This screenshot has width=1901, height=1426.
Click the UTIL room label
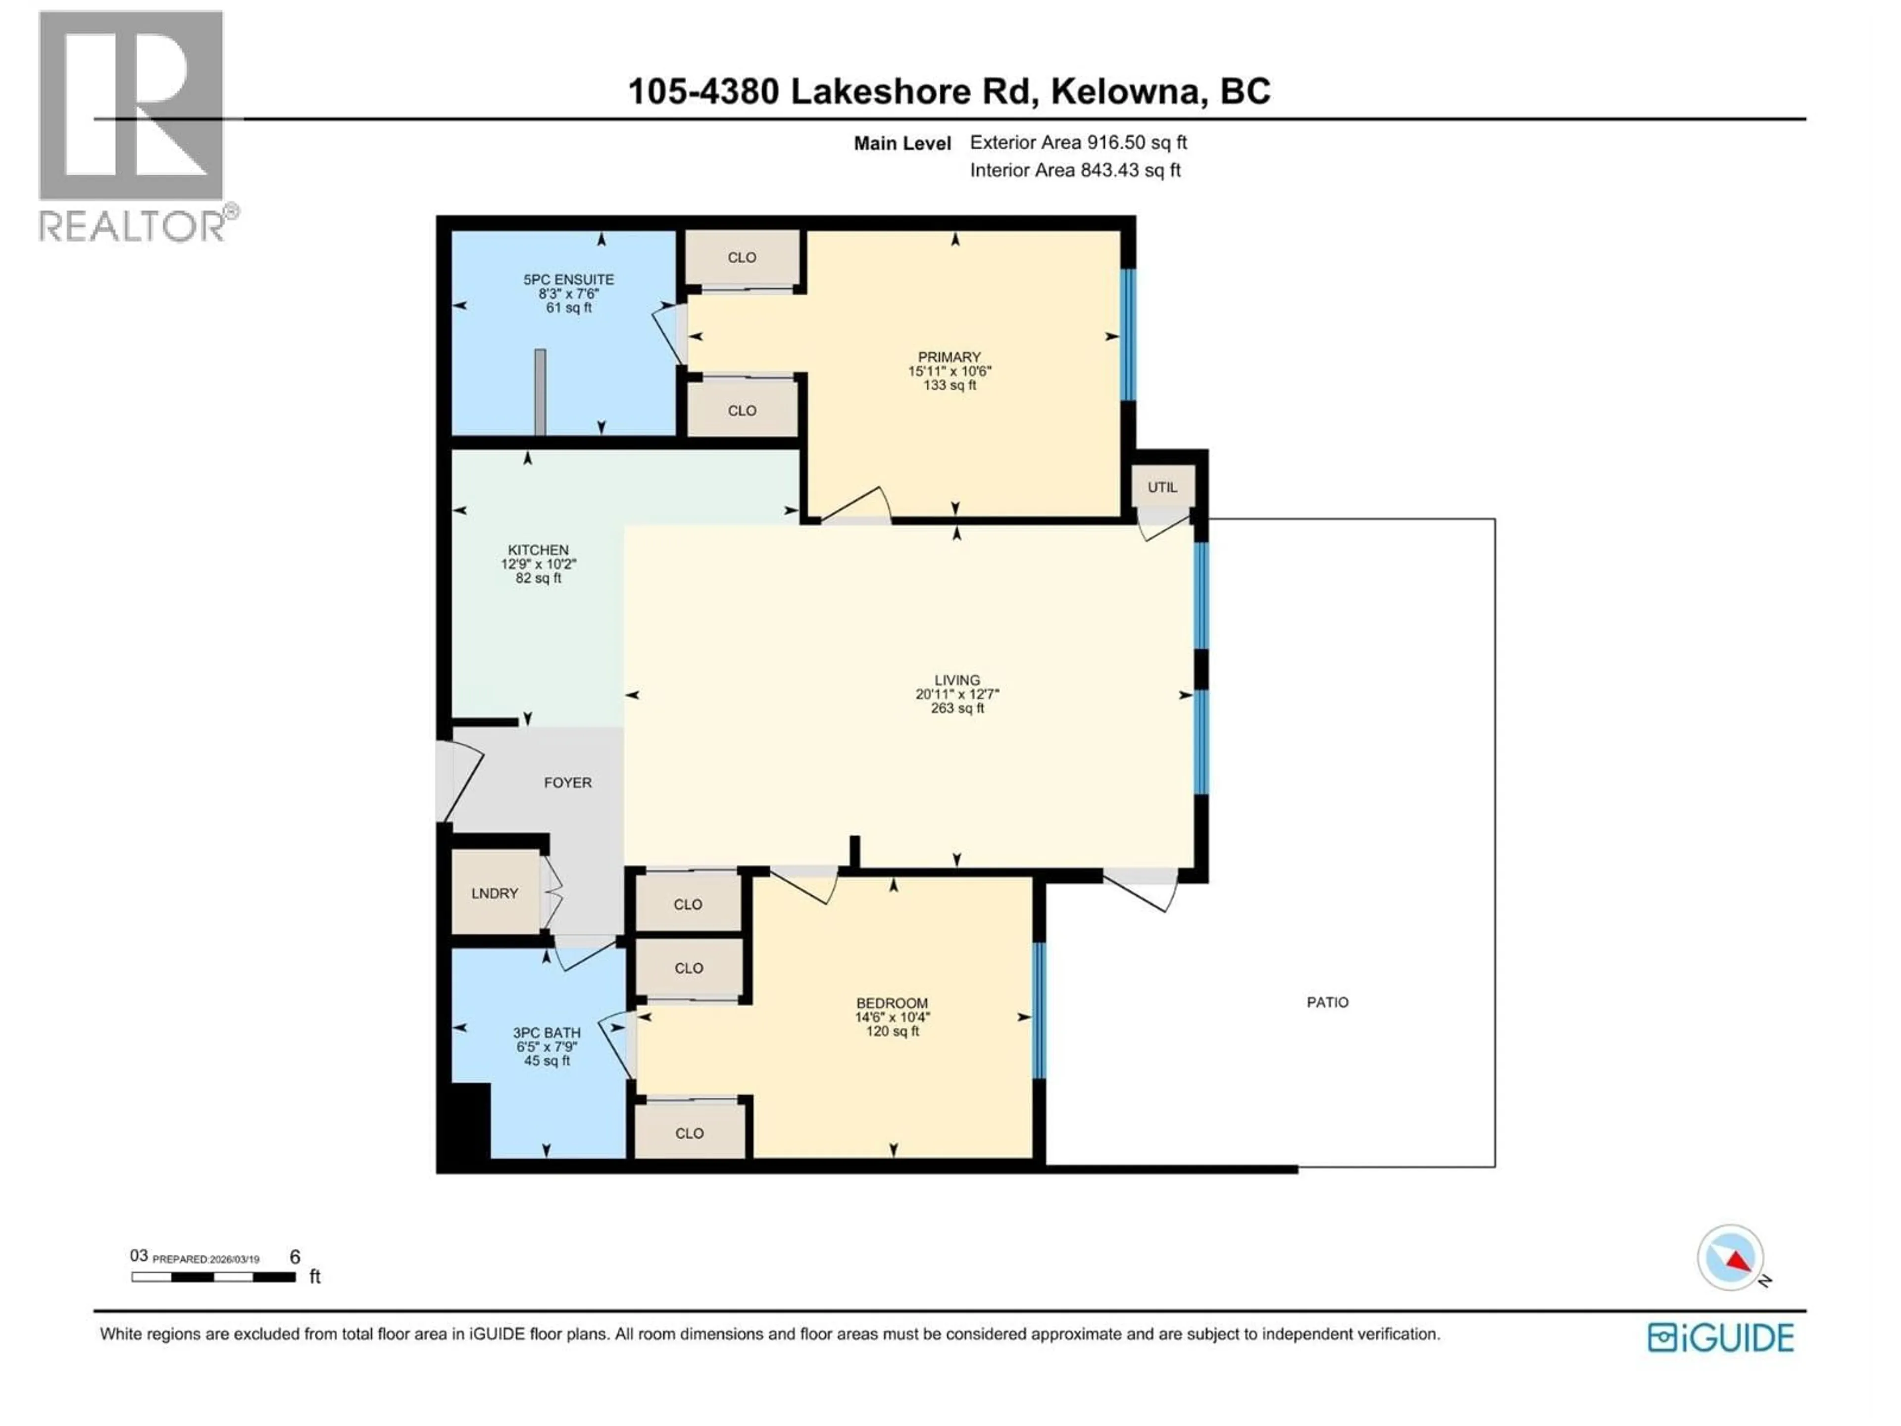[1162, 487]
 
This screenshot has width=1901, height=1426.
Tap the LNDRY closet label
[494, 893]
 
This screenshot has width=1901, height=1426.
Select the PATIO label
[1327, 1002]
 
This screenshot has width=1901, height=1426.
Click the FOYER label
[567, 783]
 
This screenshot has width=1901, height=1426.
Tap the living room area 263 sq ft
[956, 708]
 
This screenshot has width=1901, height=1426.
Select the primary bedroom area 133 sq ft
[949, 385]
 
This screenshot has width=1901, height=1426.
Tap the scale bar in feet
[213, 1277]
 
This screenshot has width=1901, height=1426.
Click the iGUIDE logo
[1720, 1338]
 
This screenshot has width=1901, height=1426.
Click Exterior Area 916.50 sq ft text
[1078, 143]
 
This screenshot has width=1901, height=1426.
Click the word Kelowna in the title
[1125, 91]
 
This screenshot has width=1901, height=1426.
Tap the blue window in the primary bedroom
[1128, 335]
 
